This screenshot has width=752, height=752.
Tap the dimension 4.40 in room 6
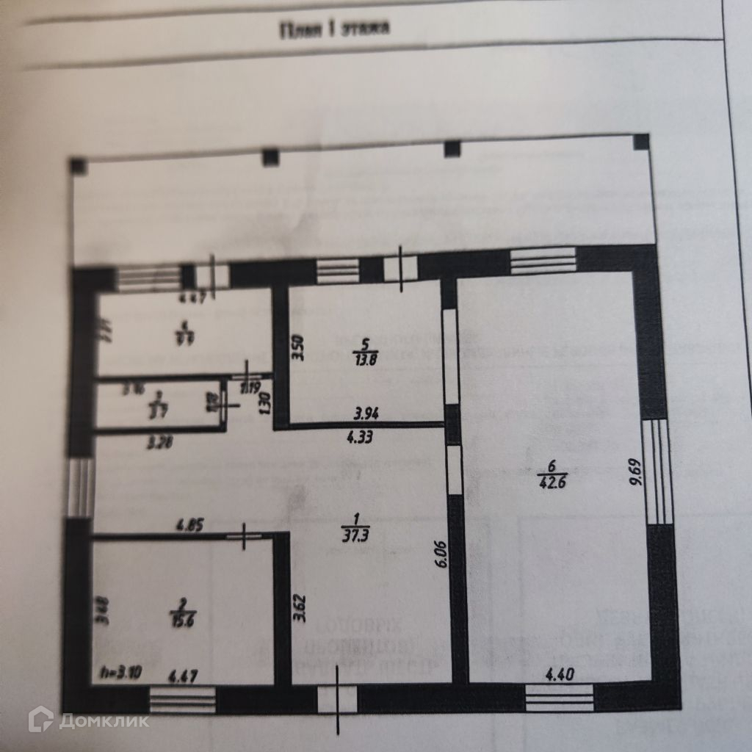coord(560,671)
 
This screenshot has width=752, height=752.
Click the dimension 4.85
coord(189,525)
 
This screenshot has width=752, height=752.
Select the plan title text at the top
coord(334,30)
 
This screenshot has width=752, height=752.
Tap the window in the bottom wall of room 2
coord(182,699)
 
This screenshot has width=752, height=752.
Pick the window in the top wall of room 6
coord(543,261)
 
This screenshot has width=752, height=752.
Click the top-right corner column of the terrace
coord(641,142)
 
